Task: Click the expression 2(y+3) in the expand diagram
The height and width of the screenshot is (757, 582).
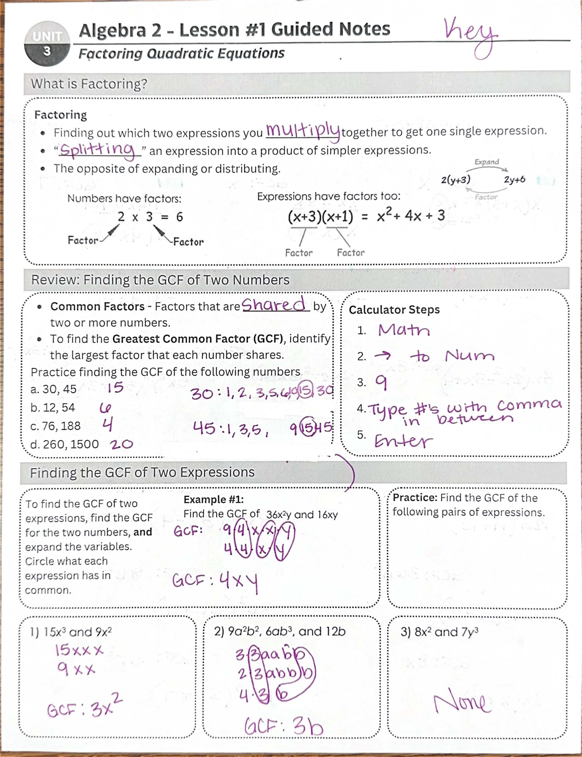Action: click(455, 180)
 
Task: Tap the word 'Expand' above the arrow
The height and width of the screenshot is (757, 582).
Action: click(486, 162)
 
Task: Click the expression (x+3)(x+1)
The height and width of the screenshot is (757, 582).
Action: click(321, 216)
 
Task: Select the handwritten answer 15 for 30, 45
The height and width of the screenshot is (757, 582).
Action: click(115, 388)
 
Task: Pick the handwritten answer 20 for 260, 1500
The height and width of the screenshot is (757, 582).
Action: click(121, 444)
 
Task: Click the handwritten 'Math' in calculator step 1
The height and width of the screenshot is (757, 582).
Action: click(404, 331)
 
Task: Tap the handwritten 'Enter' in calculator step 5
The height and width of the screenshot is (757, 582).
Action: click(404, 442)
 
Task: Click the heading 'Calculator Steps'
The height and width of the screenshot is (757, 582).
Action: click(394, 310)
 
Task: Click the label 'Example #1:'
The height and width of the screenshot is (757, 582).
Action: click(213, 499)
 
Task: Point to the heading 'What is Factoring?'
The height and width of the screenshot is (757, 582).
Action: click(89, 84)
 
